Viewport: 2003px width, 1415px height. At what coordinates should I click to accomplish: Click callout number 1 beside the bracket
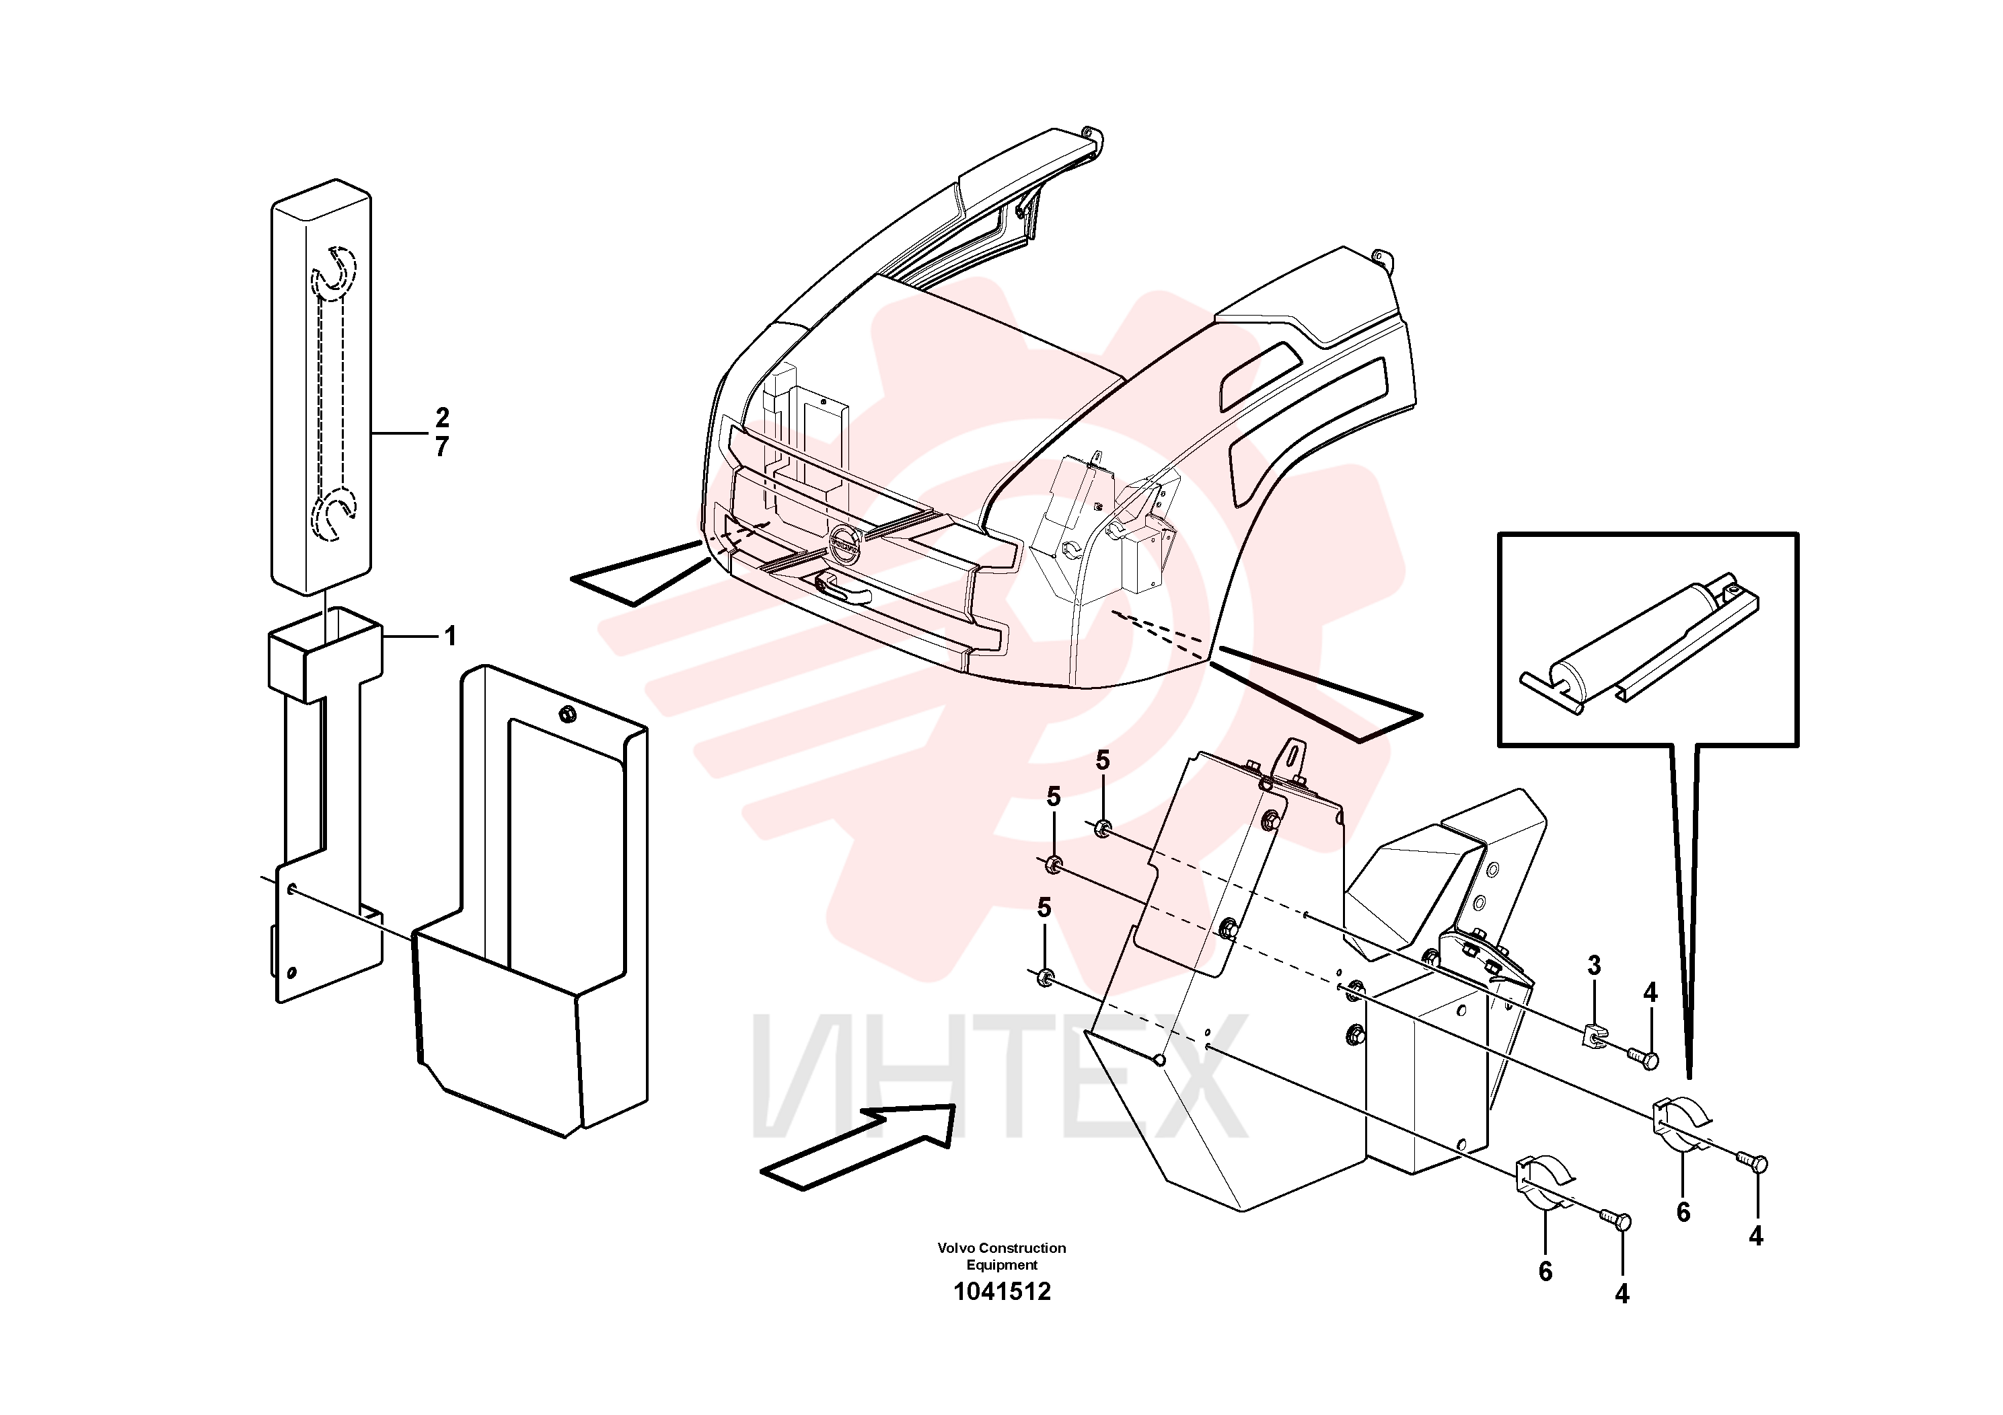[450, 636]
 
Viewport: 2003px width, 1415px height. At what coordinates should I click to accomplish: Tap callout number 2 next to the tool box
[442, 417]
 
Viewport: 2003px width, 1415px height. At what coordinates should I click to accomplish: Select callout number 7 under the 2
[442, 447]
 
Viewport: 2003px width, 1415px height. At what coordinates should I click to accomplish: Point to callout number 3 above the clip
[1595, 966]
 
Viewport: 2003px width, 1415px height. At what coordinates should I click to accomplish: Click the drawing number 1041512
[1001, 1291]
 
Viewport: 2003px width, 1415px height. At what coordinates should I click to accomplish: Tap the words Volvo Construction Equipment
[1001, 1256]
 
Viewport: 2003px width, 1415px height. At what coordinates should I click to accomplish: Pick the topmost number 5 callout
[1103, 761]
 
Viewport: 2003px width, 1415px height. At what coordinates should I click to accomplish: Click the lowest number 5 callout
[1044, 908]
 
